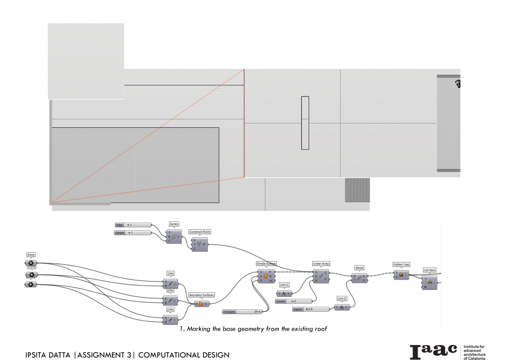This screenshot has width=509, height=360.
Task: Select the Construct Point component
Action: (200, 244)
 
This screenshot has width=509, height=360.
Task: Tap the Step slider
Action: (132, 225)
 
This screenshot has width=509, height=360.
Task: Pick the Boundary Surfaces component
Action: (201, 303)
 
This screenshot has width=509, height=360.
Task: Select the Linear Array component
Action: (321, 276)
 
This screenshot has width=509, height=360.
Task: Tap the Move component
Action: (359, 278)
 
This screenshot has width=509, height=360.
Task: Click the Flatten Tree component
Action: (401, 274)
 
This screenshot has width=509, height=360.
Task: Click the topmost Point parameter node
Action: (31, 263)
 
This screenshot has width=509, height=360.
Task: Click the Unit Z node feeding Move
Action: (342, 307)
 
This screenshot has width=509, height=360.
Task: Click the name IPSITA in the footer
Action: (39, 355)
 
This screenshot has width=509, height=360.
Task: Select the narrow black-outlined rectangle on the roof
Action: (305, 123)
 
